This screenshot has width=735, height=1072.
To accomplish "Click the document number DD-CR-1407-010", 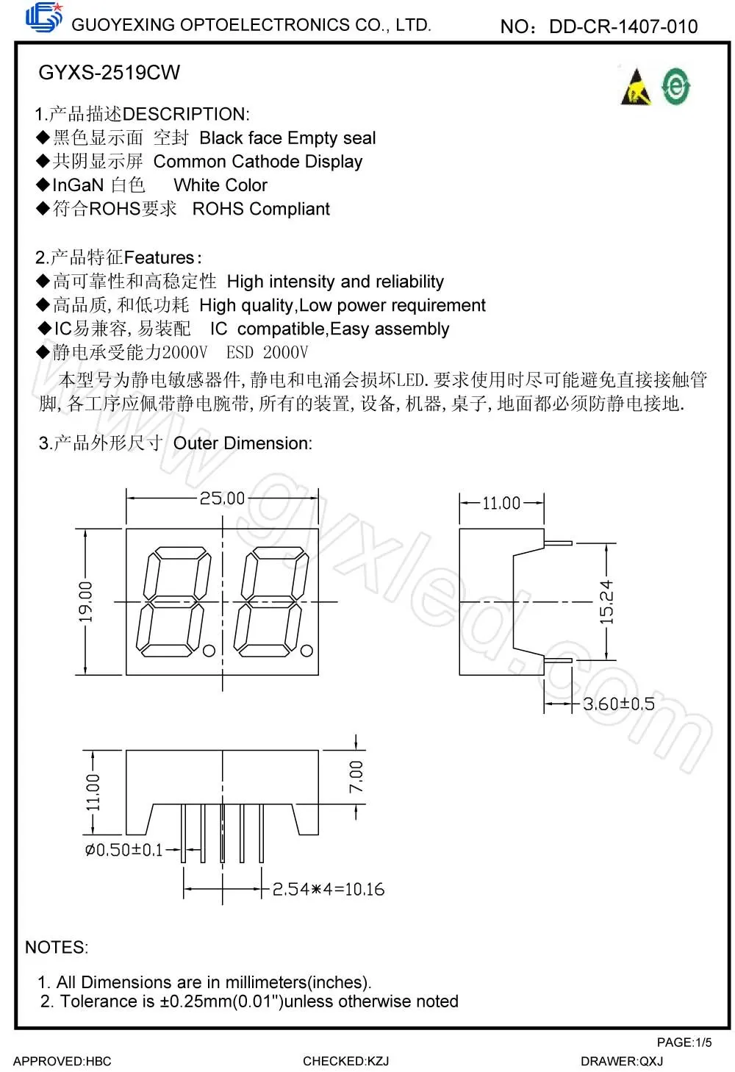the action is click(x=623, y=27).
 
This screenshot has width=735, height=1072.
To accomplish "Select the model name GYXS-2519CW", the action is click(x=109, y=73).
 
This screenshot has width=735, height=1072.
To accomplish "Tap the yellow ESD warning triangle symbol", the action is click(x=637, y=88).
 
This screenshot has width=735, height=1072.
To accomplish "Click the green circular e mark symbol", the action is click(x=675, y=86).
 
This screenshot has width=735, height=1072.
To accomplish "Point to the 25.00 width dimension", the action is click(x=222, y=499).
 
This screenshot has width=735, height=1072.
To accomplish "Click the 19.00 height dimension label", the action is click(x=87, y=601).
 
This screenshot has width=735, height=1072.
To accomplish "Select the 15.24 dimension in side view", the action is click(x=606, y=602).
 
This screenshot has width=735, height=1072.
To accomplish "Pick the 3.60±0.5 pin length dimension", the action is click(x=619, y=704).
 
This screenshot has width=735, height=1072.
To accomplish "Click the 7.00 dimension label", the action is click(x=356, y=776).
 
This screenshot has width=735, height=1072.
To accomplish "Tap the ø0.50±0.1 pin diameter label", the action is click(x=123, y=850).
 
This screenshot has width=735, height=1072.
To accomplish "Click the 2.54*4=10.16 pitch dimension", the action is click(x=329, y=890).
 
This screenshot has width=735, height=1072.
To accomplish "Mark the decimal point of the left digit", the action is click(x=209, y=651).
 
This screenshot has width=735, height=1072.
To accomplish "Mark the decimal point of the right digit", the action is click(x=307, y=651).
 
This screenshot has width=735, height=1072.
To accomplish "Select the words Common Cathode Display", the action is click(x=258, y=162).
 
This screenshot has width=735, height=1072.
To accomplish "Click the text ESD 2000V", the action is click(x=267, y=353).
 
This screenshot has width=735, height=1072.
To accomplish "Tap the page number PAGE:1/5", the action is click(x=684, y=1042).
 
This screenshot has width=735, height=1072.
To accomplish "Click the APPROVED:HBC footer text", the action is click(x=62, y=1061).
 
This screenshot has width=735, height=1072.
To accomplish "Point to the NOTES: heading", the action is click(x=57, y=948).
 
